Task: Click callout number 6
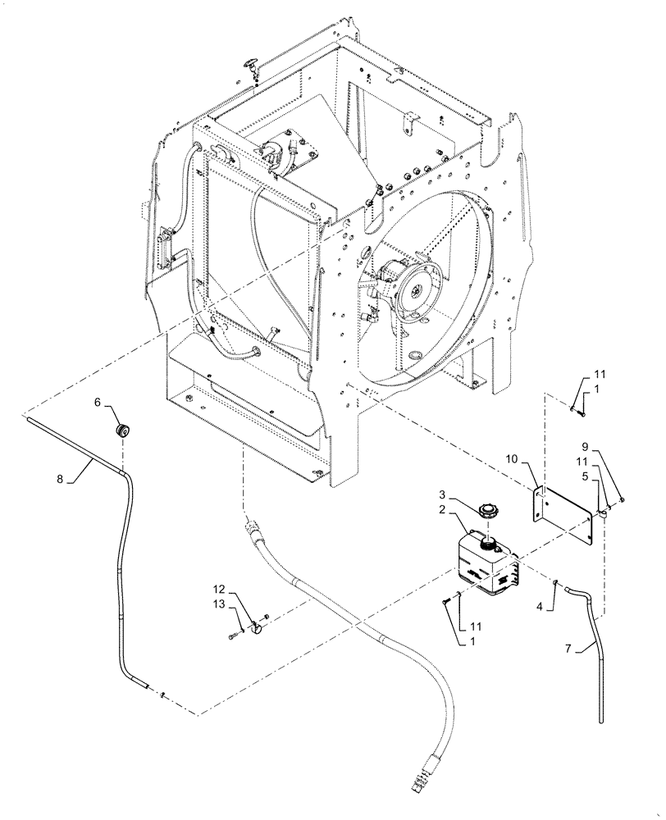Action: coord(97,403)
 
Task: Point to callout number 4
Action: coord(538,608)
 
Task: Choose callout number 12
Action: coord(218,590)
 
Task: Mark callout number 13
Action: coord(218,604)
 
